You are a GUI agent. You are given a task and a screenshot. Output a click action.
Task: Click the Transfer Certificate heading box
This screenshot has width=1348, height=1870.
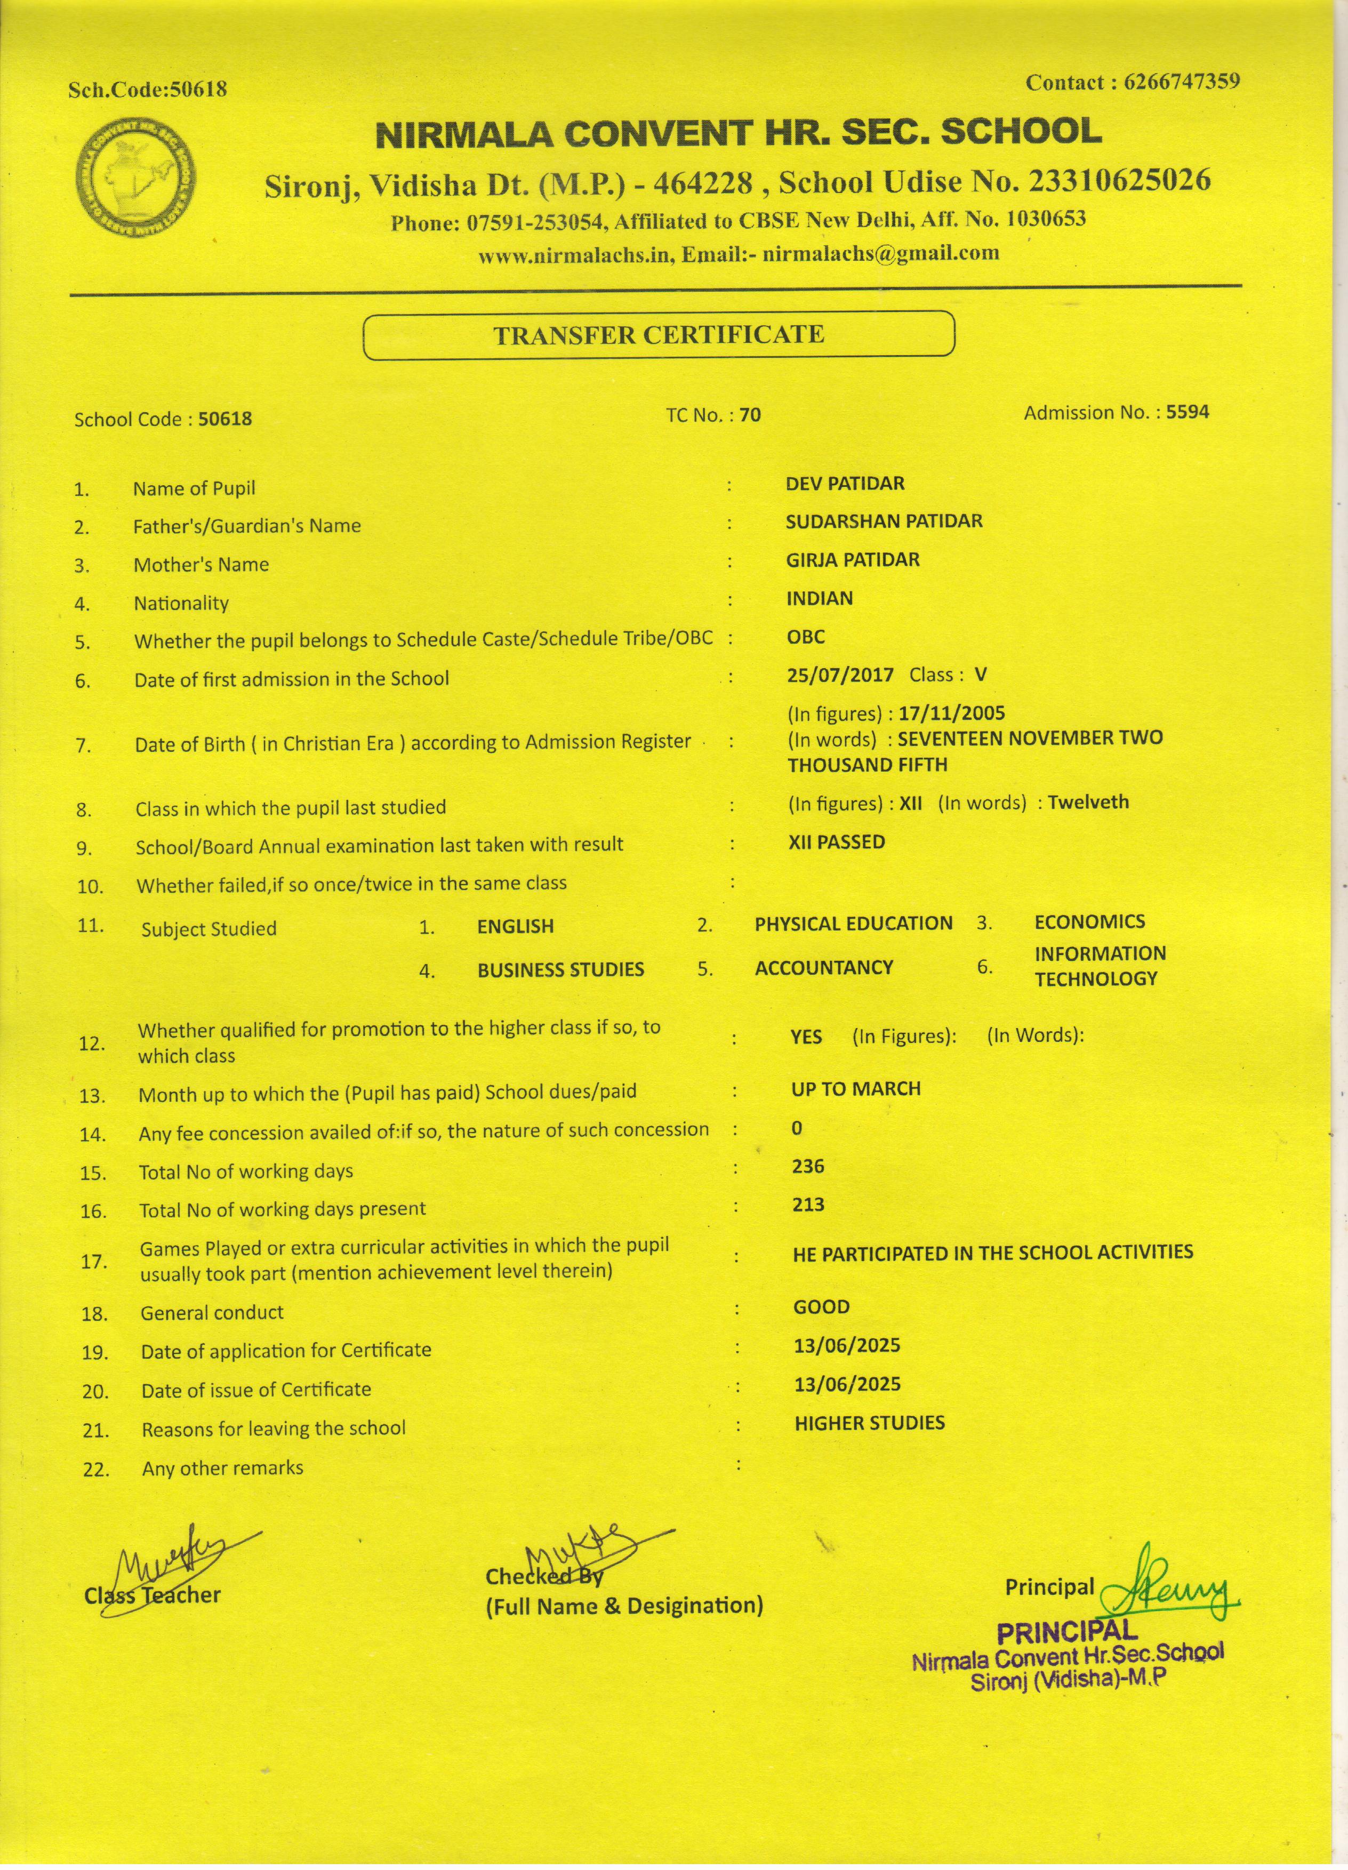click(658, 335)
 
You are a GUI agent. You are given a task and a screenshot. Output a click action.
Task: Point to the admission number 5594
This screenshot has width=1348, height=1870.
click(1187, 412)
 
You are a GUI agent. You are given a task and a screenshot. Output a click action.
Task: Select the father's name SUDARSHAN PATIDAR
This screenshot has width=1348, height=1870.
click(884, 521)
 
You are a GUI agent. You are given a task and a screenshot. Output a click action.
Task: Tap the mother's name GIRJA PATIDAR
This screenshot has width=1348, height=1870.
click(853, 560)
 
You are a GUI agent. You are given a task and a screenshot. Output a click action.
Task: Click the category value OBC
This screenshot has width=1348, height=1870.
click(806, 637)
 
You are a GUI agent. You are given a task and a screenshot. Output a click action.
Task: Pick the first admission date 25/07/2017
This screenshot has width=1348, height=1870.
click(840, 675)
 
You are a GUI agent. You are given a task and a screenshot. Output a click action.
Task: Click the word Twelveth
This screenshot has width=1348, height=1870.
click(1088, 801)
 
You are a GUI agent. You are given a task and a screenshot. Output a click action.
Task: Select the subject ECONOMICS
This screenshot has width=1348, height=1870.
click(1089, 922)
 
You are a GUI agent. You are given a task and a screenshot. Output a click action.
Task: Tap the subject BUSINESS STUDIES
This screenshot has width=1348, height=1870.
click(560, 969)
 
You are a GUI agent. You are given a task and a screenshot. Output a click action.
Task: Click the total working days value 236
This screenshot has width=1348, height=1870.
click(808, 1166)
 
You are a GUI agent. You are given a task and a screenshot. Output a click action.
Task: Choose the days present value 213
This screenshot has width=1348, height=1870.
click(808, 1205)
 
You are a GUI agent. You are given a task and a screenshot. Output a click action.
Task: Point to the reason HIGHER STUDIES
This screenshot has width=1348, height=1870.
click(869, 1422)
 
